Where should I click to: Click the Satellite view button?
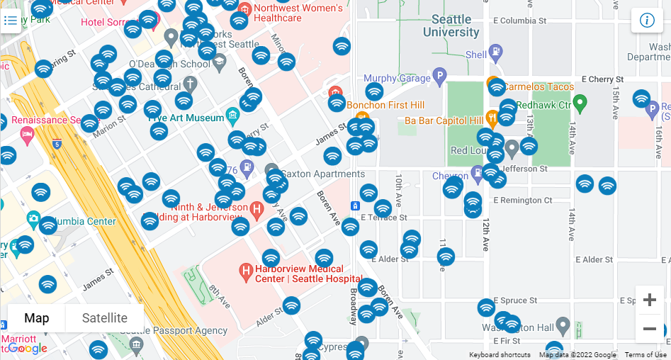(x=105, y=318)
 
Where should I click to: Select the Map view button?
(x=37, y=318)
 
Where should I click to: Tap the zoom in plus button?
(x=649, y=300)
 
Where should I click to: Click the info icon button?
(x=646, y=20)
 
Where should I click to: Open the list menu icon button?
(x=11, y=20)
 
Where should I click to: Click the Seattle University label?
(x=451, y=26)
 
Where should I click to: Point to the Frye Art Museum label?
(x=186, y=117)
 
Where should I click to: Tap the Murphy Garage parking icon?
(x=439, y=77)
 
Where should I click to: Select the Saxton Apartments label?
(x=322, y=174)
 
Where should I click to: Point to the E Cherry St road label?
(x=602, y=79)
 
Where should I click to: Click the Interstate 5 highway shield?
(x=57, y=145)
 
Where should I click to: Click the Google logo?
(x=28, y=348)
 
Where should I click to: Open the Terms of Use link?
(x=645, y=355)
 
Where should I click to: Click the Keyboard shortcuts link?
(x=500, y=355)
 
